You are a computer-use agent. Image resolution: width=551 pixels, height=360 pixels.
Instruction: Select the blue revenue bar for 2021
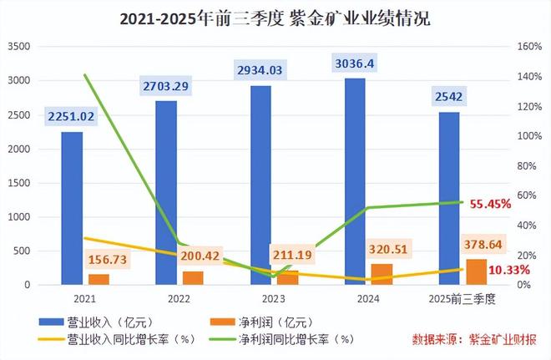coord(72,209)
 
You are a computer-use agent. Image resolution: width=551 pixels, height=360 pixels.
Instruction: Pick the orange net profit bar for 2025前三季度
coord(477,271)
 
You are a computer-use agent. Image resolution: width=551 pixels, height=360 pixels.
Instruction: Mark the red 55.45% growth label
coord(490,204)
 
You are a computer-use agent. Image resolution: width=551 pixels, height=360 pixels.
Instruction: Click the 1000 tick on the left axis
coord(18,217)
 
